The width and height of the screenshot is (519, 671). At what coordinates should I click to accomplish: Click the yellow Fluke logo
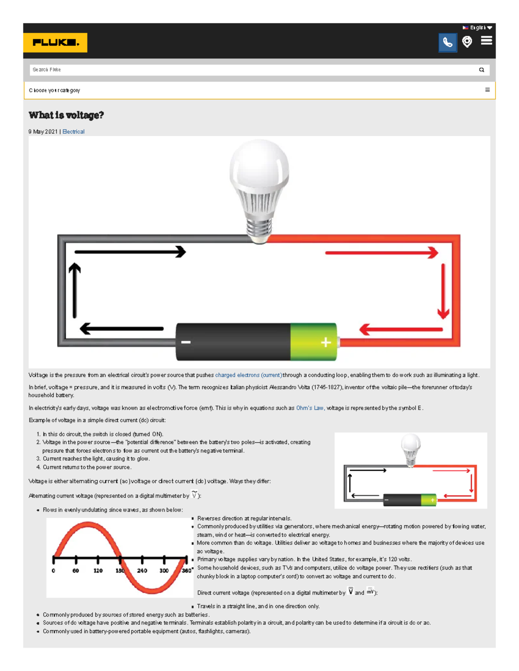(x=55, y=42)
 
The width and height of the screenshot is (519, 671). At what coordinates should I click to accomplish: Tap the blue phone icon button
(x=447, y=42)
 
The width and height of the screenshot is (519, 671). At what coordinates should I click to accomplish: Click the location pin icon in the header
(x=467, y=41)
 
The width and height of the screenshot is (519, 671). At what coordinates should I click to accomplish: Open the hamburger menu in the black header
(x=487, y=41)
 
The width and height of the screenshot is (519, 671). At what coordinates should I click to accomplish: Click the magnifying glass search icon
(x=481, y=70)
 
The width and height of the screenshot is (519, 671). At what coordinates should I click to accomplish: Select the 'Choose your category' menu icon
(x=487, y=90)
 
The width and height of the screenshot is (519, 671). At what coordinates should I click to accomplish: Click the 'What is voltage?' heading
(x=66, y=115)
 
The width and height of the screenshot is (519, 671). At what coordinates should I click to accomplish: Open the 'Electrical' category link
(x=74, y=131)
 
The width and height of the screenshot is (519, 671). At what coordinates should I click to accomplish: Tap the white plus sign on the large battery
(x=326, y=342)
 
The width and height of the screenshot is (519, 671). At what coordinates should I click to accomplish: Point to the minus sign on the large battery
(x=186, y=342)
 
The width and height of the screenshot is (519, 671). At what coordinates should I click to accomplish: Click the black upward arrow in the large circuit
(x=75, y=289)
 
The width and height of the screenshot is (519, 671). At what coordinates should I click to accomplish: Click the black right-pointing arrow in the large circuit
(x=130, y=251)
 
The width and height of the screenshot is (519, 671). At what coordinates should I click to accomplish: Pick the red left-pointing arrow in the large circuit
(x=400, y=330)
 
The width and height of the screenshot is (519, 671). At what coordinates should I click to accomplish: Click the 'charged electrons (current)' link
(x=249, y=375)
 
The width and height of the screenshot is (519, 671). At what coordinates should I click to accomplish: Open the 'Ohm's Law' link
(x=310, y=408)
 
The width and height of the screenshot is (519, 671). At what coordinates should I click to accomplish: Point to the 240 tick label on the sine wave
(x=142, y=570)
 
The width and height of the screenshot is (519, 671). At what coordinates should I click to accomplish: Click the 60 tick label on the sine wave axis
(x=76, y=570)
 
